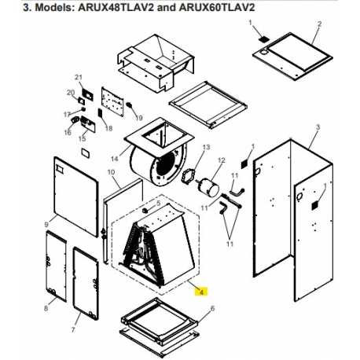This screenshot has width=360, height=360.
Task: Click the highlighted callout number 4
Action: (x=201, y=292)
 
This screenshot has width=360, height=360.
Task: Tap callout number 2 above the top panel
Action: (x=319, y=24)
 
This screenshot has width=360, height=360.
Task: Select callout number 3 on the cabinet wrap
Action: (x=318, y=127)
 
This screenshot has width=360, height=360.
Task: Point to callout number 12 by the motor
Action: (x=222, y=160)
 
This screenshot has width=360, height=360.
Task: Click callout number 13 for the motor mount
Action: (x=206, y=147)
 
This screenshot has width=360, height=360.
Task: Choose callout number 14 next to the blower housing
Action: (x=115, y=159)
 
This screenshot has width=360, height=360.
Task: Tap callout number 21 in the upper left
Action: (x=79, y=77)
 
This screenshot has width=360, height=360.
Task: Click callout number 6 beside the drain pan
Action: (x=212, y=308)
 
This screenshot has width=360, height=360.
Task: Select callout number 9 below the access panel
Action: (x=47, y=225)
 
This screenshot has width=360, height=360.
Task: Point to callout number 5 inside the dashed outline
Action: (x=158, y=203)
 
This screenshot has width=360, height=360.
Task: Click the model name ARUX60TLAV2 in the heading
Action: (x=217, y=7)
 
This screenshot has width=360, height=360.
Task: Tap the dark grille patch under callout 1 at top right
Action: (x=263, y=39)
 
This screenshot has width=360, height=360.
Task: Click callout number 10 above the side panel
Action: (x=111, y=172)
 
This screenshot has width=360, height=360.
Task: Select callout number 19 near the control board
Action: (x=139, y=118)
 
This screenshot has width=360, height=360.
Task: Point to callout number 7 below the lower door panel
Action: (x=73, y=329)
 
